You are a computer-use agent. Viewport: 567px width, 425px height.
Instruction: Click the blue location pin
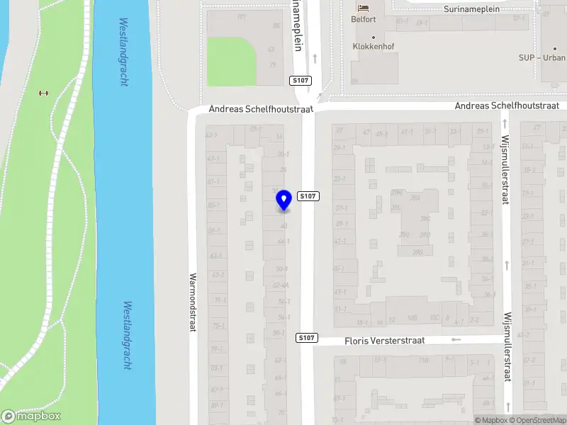tap(283, 200)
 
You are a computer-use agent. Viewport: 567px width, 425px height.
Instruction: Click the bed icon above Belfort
tap(364, 8)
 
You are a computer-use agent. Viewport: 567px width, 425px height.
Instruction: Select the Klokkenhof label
tap(374, 47)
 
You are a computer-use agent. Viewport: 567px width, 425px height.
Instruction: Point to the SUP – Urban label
tap(542, 57)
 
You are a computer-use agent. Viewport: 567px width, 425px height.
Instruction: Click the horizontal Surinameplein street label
tap(471, 9)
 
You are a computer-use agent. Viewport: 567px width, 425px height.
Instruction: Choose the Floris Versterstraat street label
tap(384, 341)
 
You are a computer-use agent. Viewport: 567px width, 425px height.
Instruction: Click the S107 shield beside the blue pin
tap(308, 196)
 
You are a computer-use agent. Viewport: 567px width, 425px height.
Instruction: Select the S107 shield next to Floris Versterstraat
tap(306, 338)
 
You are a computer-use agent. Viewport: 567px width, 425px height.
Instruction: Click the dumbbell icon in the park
tap(43, 93)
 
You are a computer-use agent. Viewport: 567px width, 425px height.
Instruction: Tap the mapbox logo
tap(31, 416)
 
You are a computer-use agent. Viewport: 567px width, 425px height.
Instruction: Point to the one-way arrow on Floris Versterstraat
tap(456, 339)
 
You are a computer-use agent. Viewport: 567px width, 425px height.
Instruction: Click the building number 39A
tap(415, 199)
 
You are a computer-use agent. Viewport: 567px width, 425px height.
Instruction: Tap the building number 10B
tap(412, 318)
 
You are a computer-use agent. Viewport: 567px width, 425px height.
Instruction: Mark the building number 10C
tap(435, 318)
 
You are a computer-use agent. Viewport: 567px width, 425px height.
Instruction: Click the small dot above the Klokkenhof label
tap(374, 38)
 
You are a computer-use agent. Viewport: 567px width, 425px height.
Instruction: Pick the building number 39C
tap(425, 218)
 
